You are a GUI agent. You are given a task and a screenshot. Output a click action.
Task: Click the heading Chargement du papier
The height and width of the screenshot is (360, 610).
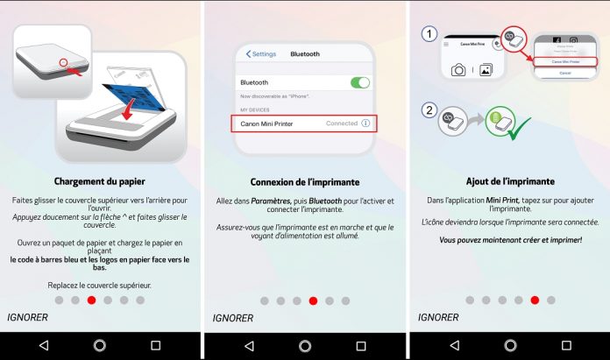tap(100, 182)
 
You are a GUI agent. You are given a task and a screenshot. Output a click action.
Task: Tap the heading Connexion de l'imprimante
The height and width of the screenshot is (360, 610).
tap(303, 182)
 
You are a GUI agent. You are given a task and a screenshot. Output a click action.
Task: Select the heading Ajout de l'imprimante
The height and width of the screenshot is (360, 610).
tap(508, 182)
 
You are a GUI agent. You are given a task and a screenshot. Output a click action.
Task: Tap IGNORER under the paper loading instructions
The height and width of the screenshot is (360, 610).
tap(27, 316)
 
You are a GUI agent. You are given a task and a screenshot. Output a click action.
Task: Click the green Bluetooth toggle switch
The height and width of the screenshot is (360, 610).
tap(359, 82)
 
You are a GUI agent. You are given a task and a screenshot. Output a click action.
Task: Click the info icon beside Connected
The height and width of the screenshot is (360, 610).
tap(365, 124)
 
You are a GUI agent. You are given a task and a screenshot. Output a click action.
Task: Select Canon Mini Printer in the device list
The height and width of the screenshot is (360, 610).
tap(268, 124)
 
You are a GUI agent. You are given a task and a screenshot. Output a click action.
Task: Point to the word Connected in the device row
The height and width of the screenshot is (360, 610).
tap(341, 124)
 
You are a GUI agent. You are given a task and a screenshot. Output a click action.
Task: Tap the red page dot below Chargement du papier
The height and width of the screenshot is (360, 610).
tap(91, 300)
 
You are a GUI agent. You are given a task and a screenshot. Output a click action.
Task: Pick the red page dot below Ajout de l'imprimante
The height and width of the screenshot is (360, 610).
tap(535, 300)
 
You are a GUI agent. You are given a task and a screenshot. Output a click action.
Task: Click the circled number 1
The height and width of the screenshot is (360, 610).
tap(429, 35)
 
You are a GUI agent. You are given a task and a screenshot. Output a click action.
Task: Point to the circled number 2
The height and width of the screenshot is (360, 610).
tap(429, 111)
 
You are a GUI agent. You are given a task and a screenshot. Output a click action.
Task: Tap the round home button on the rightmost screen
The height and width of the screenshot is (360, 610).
tap(508, 345)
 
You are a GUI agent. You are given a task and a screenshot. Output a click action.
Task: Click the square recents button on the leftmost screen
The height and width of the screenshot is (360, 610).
tap(155, 345)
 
